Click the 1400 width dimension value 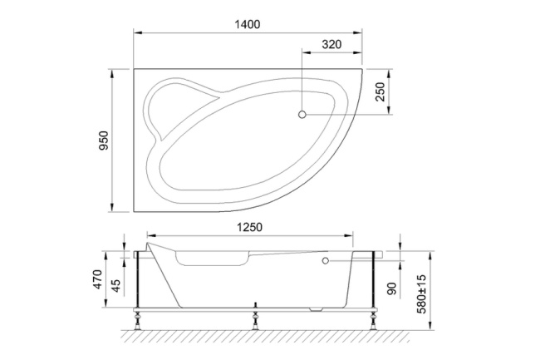[248, 24]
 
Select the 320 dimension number [331, 45]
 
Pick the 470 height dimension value [97, 279]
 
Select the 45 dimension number [116, 283]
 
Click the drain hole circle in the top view [302, 114]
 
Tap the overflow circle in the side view [325, 261]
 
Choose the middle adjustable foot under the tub [254, 318]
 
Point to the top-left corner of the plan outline [135, 70]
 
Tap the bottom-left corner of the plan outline [135, 210]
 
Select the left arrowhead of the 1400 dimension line [138, 33]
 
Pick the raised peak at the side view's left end [149, 244]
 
